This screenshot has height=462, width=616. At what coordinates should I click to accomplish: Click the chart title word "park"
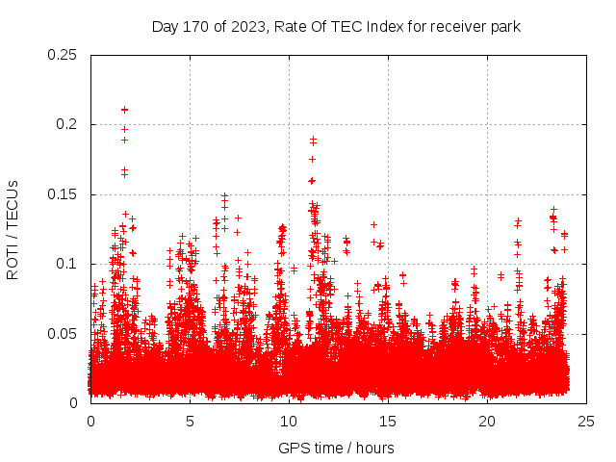click(x=504, y=27)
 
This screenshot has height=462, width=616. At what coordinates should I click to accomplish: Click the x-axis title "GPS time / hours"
click(x=336, y=448)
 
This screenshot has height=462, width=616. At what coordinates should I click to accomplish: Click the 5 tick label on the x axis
click(x=191, y=422)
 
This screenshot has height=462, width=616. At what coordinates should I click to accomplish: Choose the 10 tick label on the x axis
click(x=289, y=422)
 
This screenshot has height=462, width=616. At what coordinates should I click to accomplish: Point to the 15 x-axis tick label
click(x=388, y=422)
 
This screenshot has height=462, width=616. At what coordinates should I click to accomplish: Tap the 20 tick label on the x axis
click(x=487, y=422)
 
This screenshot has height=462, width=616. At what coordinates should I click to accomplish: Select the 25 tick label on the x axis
click(x=586, y=422)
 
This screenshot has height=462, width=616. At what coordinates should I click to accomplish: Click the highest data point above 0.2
click(x=124, y=110)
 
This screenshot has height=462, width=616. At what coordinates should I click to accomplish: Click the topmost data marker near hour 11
click(x=313, y=140)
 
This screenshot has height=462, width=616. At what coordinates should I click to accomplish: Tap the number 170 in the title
click(x=196, y=27)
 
